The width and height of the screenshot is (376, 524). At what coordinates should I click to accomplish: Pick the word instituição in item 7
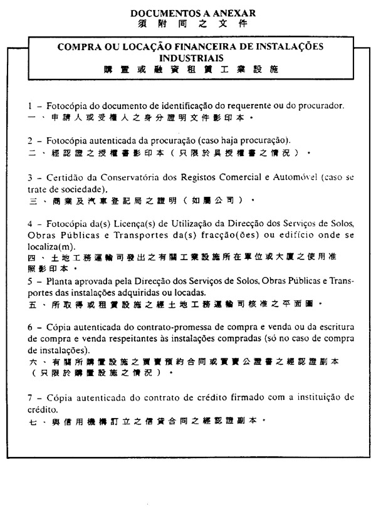[x=310, y=398]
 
